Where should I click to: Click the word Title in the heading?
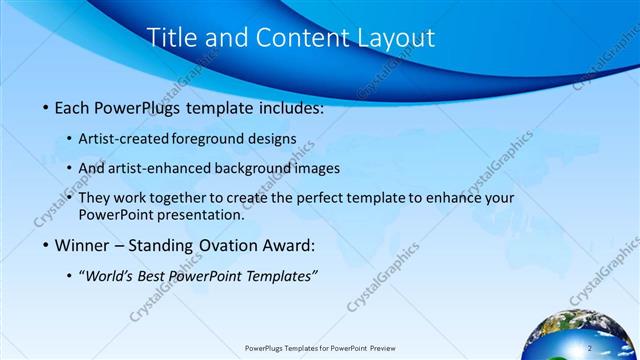(171, 38)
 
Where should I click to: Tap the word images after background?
(317, 168)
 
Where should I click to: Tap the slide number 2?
(590, 347)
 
